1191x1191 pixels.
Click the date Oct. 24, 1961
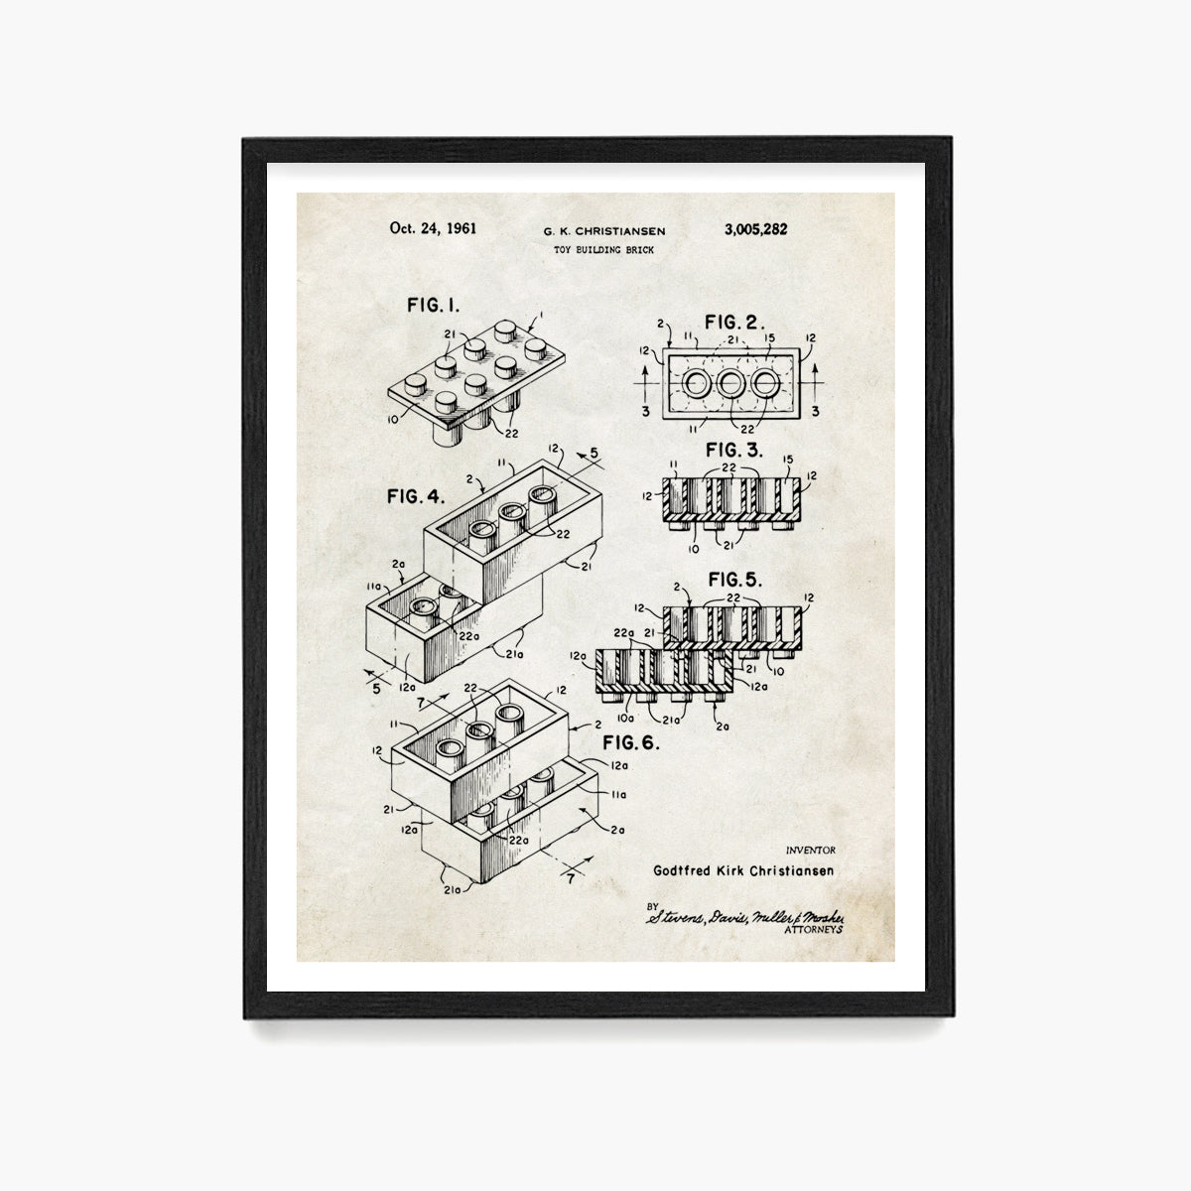[433, 228]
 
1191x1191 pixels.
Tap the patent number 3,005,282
[756, 228]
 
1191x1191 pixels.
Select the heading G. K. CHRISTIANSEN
[603, 231]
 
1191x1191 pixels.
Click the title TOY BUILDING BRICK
[603, 249]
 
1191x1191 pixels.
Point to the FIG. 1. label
[433, 305]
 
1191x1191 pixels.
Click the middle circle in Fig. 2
[731, 383]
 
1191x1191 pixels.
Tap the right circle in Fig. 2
[766, 383]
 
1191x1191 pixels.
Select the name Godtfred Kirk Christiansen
[743, 870]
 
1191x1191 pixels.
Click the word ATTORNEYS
[814, 931]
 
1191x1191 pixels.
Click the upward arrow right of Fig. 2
[818, 377]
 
